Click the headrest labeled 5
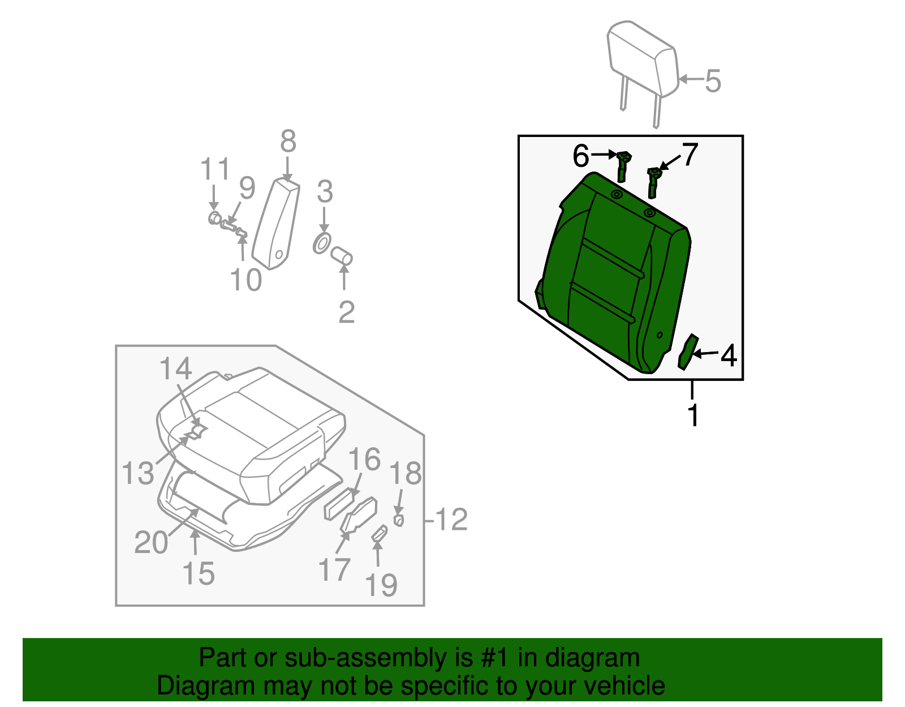click(x=642, y=59)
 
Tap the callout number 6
click(x=581, y=156)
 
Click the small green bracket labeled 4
click(x=687, y=352)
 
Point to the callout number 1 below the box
click(x=693, y=415)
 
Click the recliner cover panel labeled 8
click(x=277, y=224)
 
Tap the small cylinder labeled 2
click(x=342, y=256)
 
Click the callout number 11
click(x=216, y=169)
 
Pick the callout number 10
click(x=246, y=280)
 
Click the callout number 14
click(x=176, y=369)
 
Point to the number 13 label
click(x=138, y=473)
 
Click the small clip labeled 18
click(x=398, y=520)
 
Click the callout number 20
click(x=151, y=542)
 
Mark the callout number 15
click(x=199, y=573)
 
